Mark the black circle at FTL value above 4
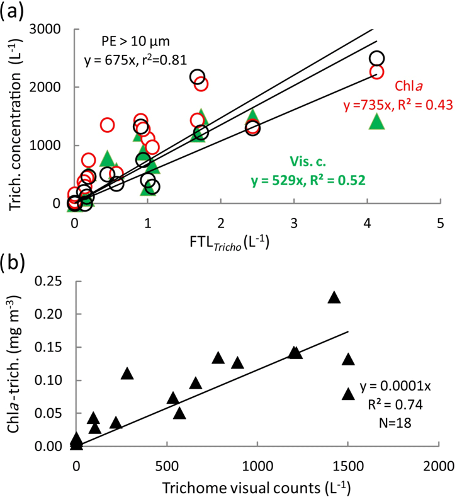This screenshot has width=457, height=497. coord(376,59)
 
